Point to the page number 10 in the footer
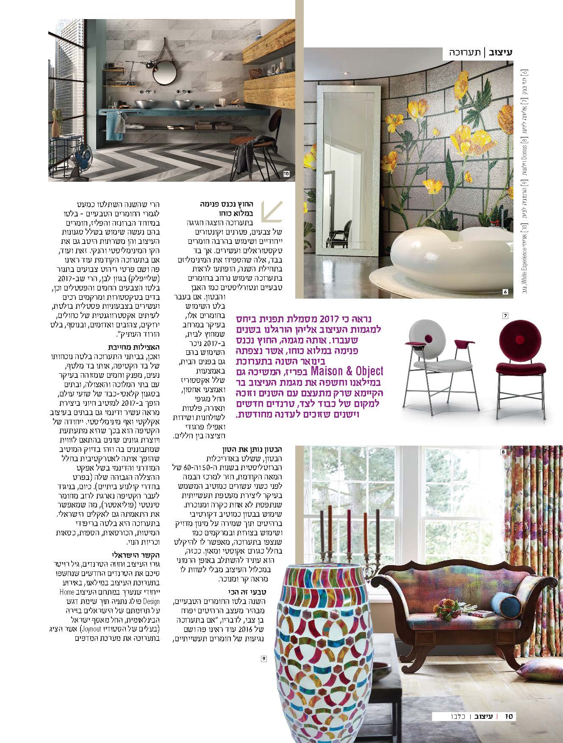(x=509, y=717)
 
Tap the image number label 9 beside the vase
(x=263, y=659)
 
